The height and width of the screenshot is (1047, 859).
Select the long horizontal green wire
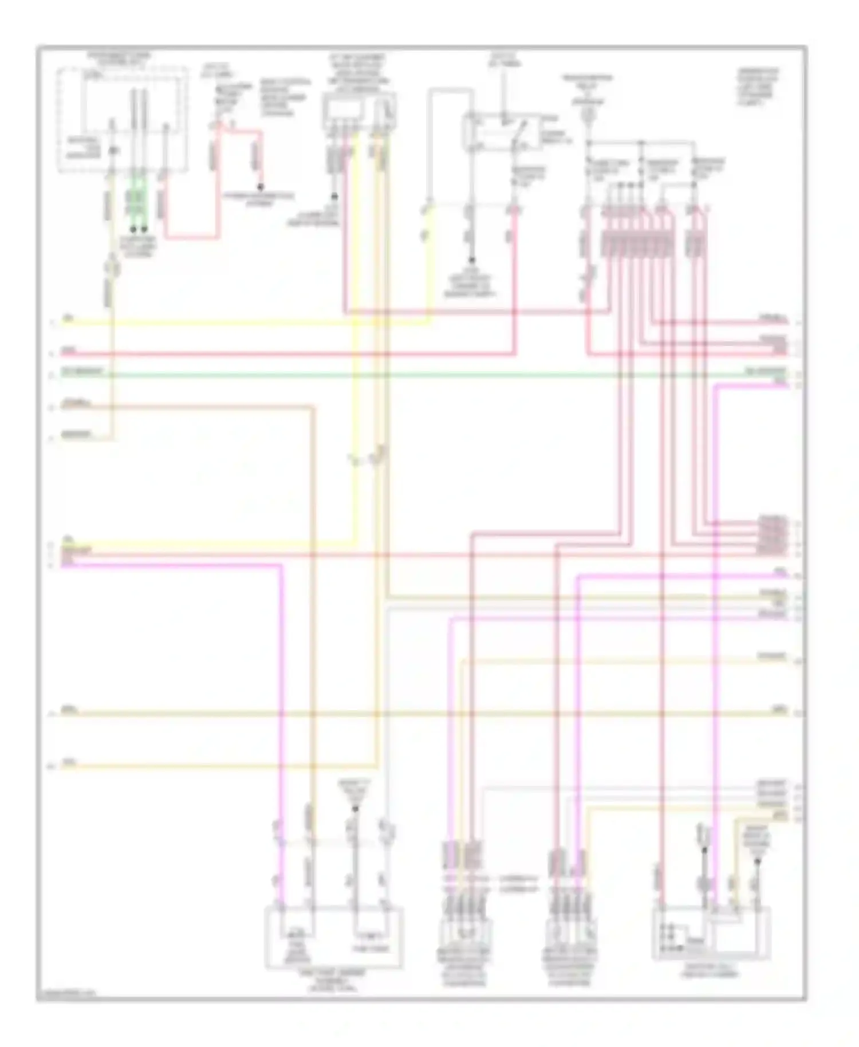[424, 375]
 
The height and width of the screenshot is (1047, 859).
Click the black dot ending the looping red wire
[261, 187]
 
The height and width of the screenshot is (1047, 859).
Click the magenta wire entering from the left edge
[172, 565]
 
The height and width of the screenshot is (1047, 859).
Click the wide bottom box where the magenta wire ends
[334, 938]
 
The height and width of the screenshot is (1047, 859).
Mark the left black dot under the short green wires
[133, 229]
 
